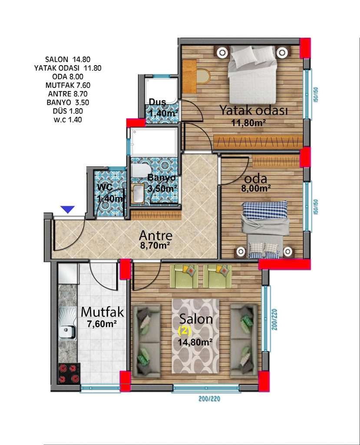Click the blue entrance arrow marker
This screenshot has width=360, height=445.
click(x=68, y=209)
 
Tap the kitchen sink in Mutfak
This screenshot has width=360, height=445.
click(x=67, y=323)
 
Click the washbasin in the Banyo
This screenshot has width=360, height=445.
click(x=139, y=194)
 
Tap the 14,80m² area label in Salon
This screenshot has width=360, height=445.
click(x=195, y=342)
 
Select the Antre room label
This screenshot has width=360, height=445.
click(x=156, y=235)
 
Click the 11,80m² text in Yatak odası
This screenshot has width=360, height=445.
click(x=248, y=123)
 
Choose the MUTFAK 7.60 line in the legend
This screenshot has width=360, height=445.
click(x=68, y=85)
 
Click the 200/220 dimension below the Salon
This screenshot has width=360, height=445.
click(x=209, y=399)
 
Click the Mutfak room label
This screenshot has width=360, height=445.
click(x=102, y=312)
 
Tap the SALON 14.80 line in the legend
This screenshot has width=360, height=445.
click(x=68, y=59)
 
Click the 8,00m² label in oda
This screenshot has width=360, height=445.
click(x=256, y=188)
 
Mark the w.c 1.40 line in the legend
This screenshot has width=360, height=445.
click(x=68, y=120)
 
